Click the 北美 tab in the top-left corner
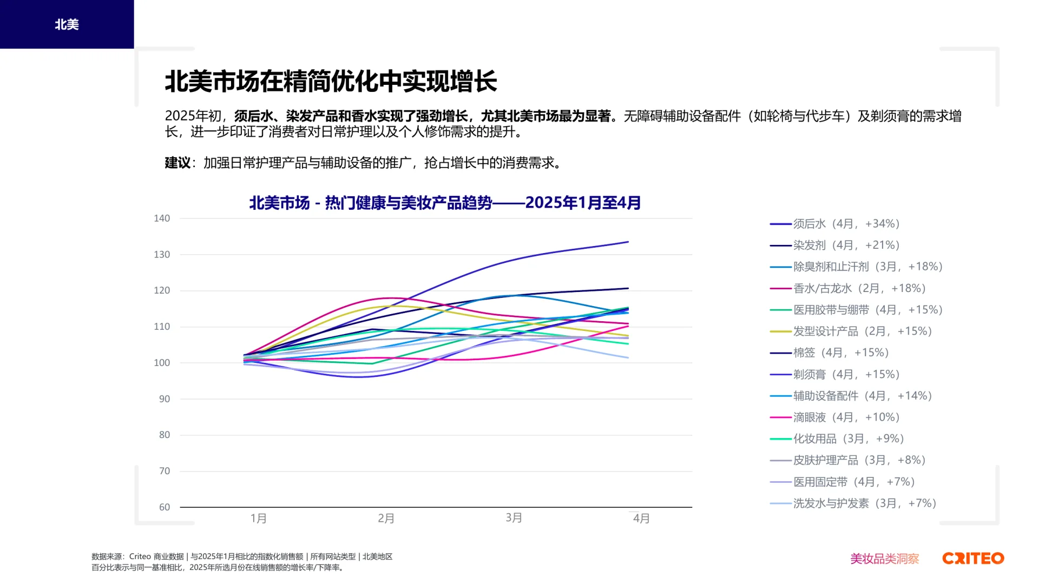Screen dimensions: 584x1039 (x=67, y=24)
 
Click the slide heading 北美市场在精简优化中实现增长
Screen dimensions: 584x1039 (x=330, y=81)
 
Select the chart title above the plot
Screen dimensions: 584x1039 (x=445, y=203)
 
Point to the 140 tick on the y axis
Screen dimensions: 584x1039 (x=162, y=218)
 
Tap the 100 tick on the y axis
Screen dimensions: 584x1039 (x=162, y=363)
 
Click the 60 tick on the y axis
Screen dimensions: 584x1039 (x=165, y=507)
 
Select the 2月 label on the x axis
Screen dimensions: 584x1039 (x=386, y=518)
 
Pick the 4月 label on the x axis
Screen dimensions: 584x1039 (x=641, y=518)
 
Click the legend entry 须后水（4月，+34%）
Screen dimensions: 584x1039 (x=846, y=224)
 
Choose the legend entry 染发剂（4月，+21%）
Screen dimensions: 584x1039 (x=846, y=245)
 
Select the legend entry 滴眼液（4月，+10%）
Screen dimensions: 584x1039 (x=846, y=417)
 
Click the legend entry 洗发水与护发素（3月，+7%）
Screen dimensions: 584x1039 (x=864, y=503)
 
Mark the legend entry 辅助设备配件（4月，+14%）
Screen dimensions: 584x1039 (x=862, y=396)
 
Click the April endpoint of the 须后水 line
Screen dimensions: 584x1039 (x=628, y=242)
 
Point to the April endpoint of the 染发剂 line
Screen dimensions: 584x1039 (x=628, y=288)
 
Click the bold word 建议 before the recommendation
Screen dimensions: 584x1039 (x=177, y=163)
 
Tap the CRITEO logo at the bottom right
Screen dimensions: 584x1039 (x=973, y=558)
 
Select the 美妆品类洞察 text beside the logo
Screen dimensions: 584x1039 (x=884, y=559)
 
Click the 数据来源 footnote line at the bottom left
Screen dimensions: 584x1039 (x=241, y=556)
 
